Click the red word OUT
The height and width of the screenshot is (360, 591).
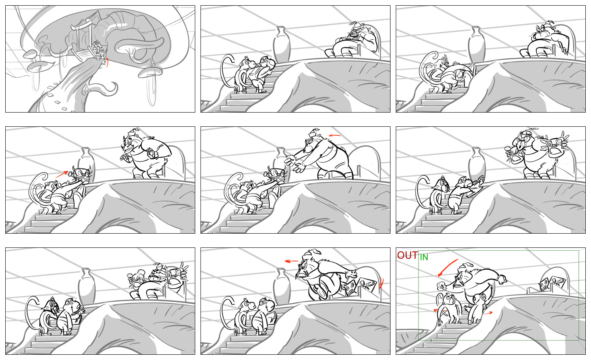click(x=408, y=255)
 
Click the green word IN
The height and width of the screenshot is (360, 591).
click(x=424, y=258)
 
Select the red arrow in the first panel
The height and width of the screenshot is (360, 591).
click(x=107, y=62)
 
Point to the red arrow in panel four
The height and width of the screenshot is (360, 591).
click(x=62, y=174)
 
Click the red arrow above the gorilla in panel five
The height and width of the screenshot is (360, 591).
click(x=335, y=136)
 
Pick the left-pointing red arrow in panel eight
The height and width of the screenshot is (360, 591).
click(x=291, y=261)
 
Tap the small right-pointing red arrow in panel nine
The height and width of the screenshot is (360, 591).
click(x=487, y=313)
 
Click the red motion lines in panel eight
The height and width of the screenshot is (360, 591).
click(x=381, y=284)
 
